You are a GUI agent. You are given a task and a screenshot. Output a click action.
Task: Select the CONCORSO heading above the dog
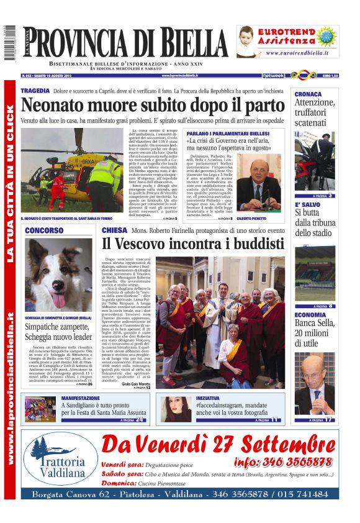click(x=44, y=230)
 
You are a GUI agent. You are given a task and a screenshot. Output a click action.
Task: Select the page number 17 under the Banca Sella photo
click(x=329, y=420)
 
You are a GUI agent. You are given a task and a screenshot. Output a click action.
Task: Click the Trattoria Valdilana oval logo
click(x=60, y=460)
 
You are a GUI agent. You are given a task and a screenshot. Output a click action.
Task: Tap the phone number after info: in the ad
click(x=297, y=462)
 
